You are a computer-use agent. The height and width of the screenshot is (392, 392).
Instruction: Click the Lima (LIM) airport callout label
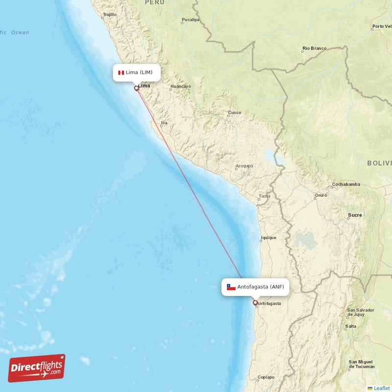pos(135,73)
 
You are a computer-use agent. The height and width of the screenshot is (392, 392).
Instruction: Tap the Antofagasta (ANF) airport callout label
pos(255,287)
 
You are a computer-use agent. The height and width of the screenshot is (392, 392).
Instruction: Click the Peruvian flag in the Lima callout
pos(121,73)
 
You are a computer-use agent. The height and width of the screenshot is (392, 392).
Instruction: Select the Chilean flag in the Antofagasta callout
pos(231,287)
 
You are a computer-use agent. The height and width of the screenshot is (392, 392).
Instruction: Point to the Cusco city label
pos(234,113)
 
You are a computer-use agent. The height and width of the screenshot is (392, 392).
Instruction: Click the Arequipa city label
pos(244,166)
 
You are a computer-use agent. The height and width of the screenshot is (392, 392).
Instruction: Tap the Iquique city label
pos(269,238)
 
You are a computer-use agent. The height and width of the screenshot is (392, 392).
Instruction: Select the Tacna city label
pos(264,196)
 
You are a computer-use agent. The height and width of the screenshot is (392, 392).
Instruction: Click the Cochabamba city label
pos(346,185)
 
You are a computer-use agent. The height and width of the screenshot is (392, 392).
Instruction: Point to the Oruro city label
pos(321,195)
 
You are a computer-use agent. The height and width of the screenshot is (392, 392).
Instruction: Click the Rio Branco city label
pos(314,48)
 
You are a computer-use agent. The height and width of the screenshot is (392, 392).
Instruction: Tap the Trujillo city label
pos(110,15)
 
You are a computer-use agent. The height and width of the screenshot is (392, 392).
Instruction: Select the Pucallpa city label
pos(190,20)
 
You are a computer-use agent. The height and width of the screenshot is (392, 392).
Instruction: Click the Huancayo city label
pos(180,87)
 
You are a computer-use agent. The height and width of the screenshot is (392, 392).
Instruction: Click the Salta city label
pos(350,326)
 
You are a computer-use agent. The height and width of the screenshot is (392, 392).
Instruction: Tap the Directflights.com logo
pos(36,368)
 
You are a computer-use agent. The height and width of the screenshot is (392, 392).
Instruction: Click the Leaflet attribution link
pos(381,388)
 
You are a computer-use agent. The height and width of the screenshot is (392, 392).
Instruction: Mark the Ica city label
pos(164,123)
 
